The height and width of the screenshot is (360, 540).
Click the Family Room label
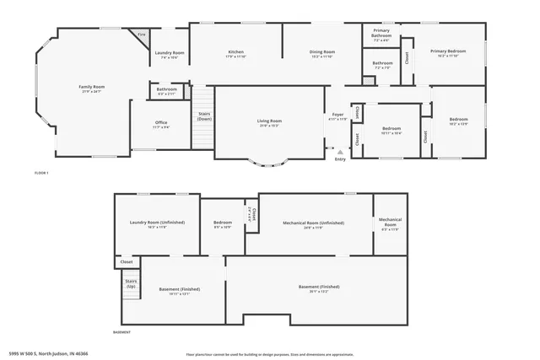(92, 89)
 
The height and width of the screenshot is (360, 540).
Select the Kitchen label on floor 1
(235, 54)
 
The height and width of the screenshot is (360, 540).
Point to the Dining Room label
(321, 54)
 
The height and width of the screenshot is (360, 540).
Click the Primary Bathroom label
(381, 35)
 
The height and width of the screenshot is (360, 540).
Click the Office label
(161, 125)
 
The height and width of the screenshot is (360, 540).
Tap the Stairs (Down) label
(203, 116)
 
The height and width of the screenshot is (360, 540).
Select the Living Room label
(269, 123)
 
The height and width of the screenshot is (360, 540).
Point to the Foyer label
(337, 116)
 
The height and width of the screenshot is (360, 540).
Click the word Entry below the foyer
(340, 159)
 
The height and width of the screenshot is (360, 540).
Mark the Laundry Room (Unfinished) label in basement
(157, 224)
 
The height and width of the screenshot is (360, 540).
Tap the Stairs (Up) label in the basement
(131, 287)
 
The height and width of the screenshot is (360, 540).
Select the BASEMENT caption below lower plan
(123, 332)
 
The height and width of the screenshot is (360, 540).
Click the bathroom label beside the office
(166, 91)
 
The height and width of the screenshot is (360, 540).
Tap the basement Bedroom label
(222, 224)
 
